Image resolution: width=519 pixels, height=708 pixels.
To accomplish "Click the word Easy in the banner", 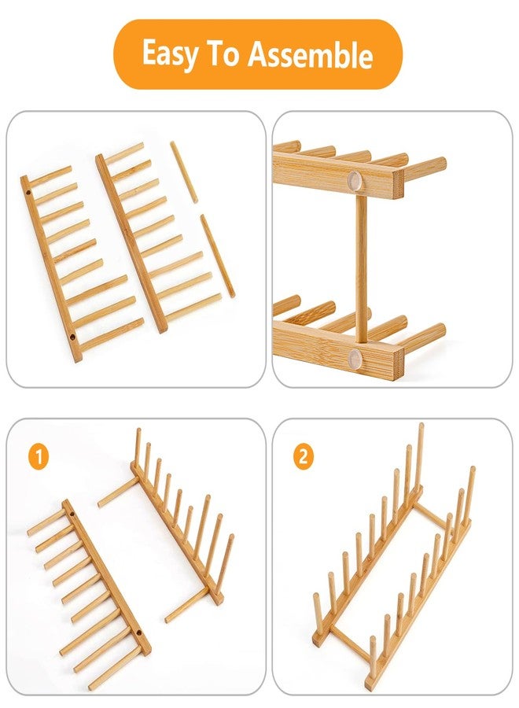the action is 171,53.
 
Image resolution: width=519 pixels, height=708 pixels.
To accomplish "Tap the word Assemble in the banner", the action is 311,53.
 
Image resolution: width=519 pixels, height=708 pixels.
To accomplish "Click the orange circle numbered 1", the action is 39,457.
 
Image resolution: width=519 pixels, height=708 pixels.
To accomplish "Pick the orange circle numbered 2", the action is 303,456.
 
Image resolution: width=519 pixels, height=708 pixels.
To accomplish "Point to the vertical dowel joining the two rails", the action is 361,267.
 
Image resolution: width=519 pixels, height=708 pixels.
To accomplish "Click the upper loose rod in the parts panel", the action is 184,172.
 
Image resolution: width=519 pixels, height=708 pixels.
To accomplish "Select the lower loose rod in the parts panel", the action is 218,256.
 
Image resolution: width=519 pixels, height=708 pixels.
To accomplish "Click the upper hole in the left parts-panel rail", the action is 28,193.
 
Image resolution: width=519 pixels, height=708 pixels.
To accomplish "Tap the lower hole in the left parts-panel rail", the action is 72,336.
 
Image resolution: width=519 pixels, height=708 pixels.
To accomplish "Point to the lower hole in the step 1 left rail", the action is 137,633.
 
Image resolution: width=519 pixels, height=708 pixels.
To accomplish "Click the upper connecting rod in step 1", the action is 116,493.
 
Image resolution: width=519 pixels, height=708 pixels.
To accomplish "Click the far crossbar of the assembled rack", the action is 431,515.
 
